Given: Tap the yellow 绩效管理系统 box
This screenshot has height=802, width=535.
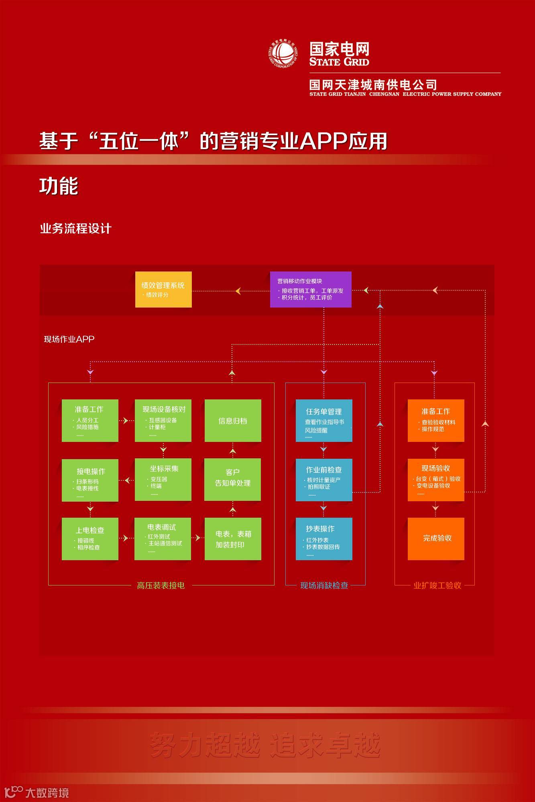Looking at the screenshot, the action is pos(163,290).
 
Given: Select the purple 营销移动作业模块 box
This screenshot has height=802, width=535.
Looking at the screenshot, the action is pos(311,290).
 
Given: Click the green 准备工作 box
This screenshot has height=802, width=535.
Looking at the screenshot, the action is pos(90,421).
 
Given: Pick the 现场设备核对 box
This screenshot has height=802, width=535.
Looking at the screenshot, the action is pos(163,421).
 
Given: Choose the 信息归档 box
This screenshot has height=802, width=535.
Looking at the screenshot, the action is pos(233,421).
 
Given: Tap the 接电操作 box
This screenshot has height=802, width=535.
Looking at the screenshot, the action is pos(90,480).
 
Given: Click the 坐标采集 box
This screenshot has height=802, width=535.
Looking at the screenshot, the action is pos(163,480).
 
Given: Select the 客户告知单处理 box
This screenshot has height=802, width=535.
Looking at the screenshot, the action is pos(233,480).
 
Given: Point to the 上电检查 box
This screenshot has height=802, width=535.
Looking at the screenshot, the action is pos(90,539).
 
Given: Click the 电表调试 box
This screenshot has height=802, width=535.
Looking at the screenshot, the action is pos(163,539).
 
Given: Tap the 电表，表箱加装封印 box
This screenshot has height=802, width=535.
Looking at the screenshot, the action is pos(233,539).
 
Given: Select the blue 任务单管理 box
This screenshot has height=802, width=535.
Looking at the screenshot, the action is pos(324,421).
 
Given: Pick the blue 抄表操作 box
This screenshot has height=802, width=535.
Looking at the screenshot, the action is pos(324,539).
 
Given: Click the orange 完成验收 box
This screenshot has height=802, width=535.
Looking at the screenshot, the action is pos(436,539).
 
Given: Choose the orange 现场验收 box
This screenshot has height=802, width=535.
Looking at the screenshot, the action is pos(436,480).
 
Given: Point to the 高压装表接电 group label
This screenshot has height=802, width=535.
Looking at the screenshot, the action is pos(161,585).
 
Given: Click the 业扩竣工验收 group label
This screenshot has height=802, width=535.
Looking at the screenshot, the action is pos(437,585).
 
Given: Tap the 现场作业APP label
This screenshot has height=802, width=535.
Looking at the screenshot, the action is pos(69,339).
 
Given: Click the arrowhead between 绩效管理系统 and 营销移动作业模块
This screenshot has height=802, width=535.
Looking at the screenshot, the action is pos(238,291).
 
